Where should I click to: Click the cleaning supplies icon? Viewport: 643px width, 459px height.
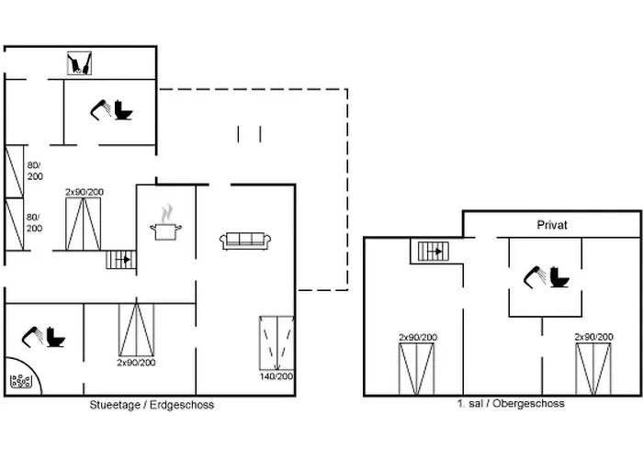[79, 63]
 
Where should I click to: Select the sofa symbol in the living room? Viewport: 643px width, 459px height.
[245, 241]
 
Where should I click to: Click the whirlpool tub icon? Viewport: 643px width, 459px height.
[20, 381]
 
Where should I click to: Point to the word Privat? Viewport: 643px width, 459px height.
[552, 225]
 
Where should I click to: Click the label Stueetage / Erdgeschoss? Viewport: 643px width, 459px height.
[152, 405]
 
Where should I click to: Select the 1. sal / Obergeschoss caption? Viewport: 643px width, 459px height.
[511, 403]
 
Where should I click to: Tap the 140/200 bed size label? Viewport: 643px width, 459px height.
[276, 376]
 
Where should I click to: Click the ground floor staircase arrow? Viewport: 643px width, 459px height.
[123, 260]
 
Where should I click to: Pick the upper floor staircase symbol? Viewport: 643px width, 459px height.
[434, 252]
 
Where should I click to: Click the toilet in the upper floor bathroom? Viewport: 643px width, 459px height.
[559, 276]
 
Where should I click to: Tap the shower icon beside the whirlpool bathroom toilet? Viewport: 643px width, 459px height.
[33, 337]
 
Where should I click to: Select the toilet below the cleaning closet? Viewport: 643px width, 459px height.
[123, 110]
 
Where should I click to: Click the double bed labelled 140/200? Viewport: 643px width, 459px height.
[276, 343]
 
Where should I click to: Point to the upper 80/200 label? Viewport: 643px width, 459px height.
[35, 171]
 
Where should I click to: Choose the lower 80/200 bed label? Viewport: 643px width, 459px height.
[35, 222]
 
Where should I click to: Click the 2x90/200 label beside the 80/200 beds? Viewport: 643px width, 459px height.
[85, 192]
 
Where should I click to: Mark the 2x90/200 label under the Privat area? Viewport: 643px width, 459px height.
[593, 337]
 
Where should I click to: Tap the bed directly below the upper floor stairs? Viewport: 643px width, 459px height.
[417, 369]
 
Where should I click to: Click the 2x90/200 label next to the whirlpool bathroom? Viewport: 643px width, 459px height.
[136, 363]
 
